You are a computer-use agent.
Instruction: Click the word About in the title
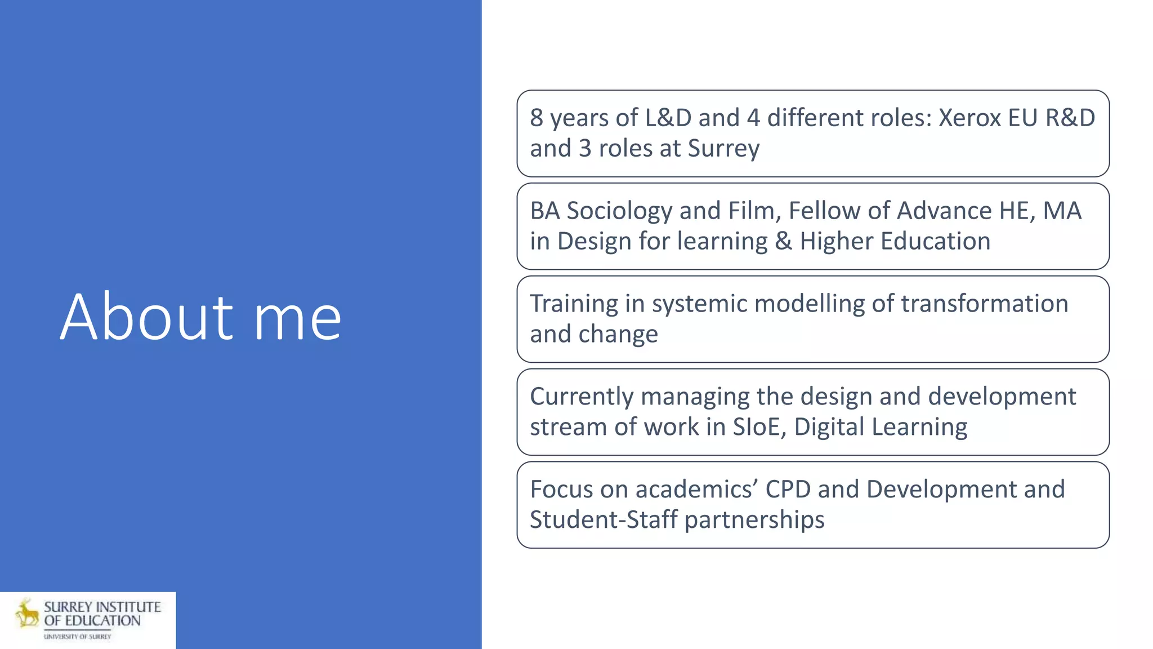pos(146,318)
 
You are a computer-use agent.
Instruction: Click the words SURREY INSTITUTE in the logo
pos(102,607)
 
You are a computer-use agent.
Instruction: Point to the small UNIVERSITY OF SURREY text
pos(78,637)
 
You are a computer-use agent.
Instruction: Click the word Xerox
pos(969,118)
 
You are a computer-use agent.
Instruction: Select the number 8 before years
pos(537,118)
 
